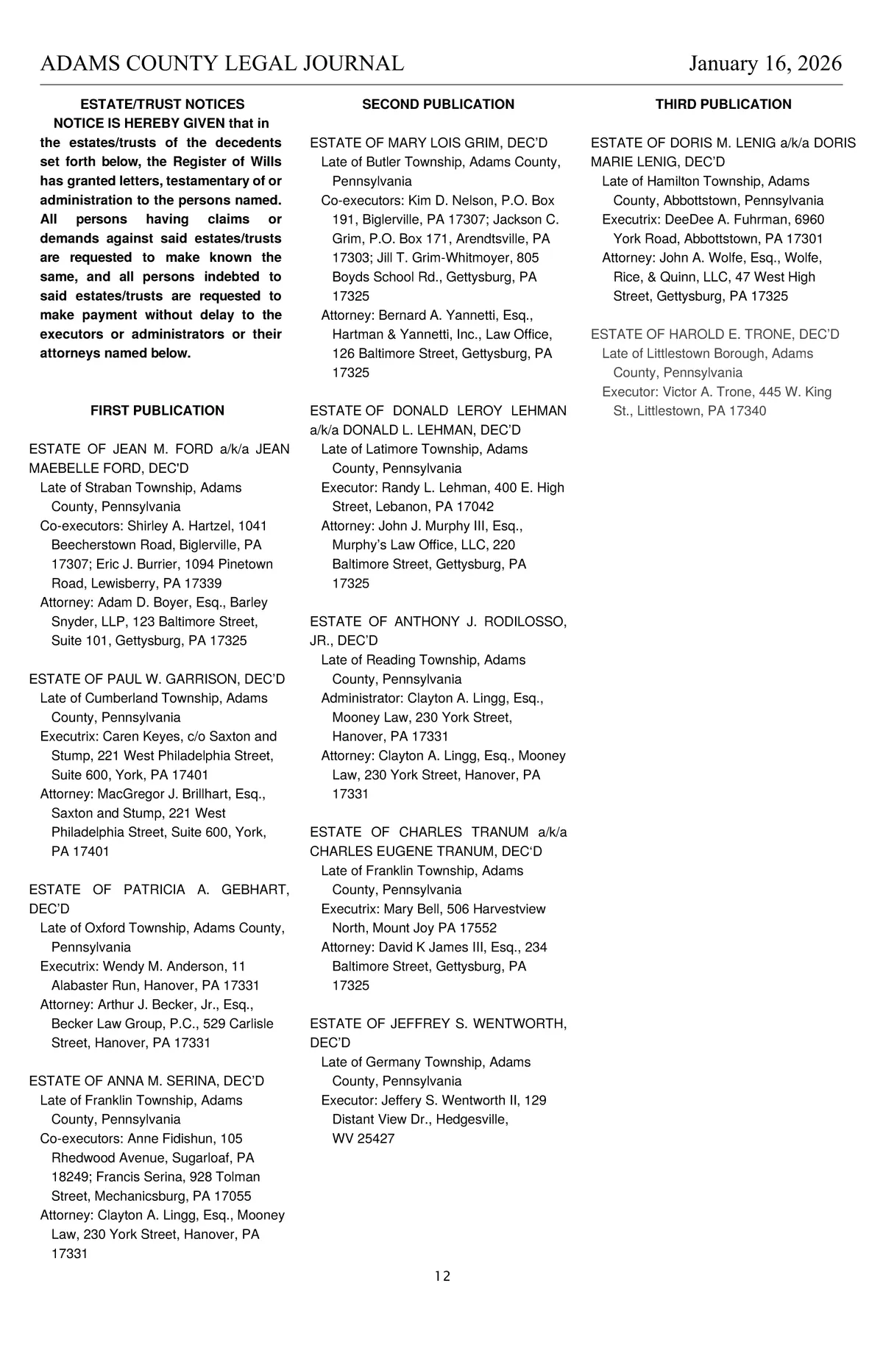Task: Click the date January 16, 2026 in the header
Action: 765,63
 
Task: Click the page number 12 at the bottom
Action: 442,1276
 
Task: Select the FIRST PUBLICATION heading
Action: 157,410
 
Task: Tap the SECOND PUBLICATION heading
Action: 438,104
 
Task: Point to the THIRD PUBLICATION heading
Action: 723,104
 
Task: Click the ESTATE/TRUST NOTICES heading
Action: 162,104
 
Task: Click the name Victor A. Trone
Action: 708,391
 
